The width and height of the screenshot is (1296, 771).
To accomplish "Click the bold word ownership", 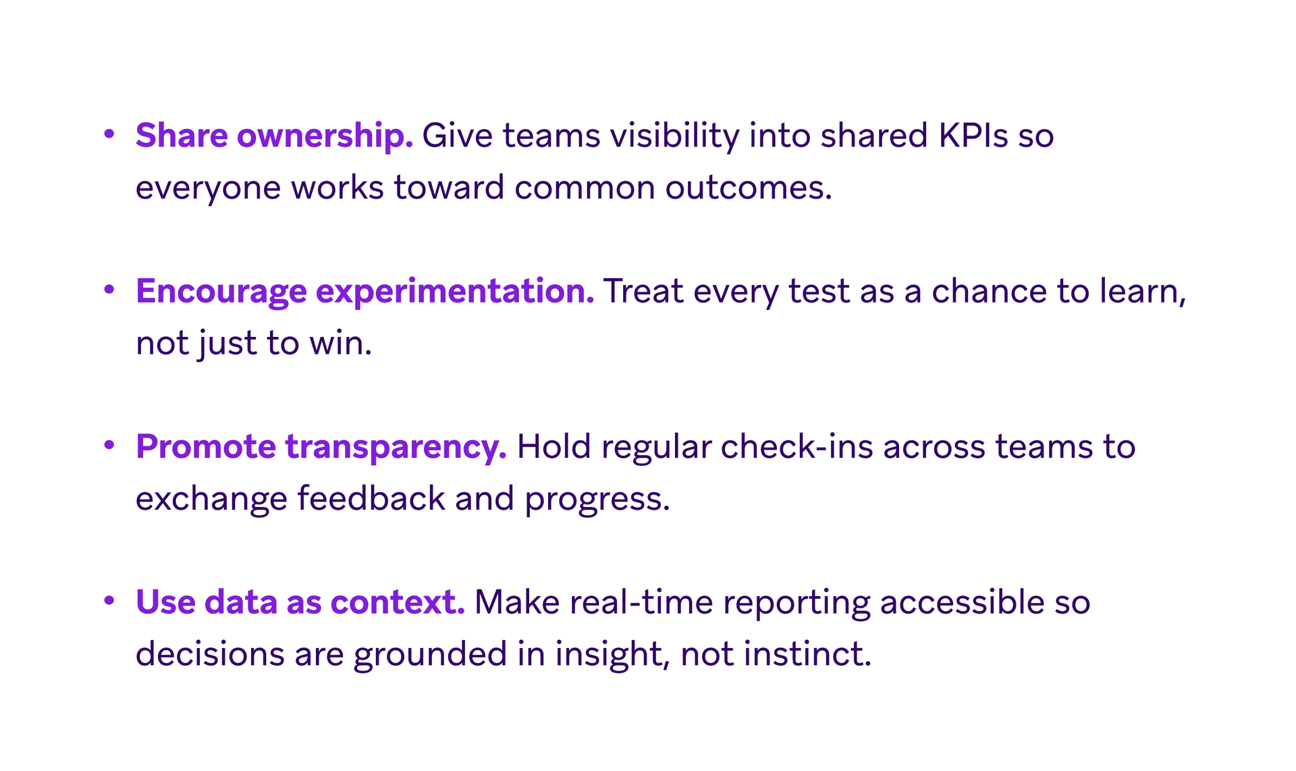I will (x=325, y=136).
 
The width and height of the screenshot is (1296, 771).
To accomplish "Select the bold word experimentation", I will (x=455, y=292).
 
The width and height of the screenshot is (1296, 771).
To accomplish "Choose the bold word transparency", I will (x=396, y=448).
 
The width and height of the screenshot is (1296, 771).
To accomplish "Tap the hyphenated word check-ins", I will (x=796, y=446).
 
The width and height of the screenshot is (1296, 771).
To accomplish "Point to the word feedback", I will (x=371, y=498).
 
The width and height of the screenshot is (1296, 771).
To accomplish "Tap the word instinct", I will (x=807, y=654).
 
